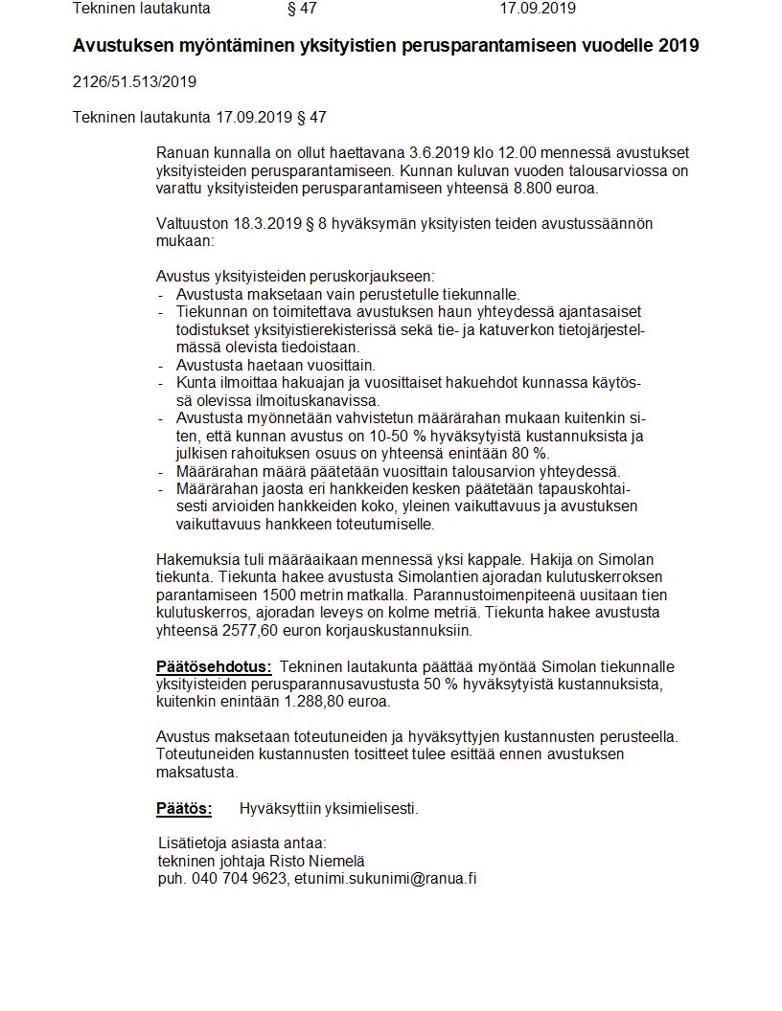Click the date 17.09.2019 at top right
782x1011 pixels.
538,9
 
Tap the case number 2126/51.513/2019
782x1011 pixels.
134,81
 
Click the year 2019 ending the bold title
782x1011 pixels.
678,46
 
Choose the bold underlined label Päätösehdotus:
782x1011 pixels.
214,665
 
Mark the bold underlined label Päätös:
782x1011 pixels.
183,808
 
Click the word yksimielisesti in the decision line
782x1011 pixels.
368,808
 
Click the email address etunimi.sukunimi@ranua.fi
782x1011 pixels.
385,878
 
